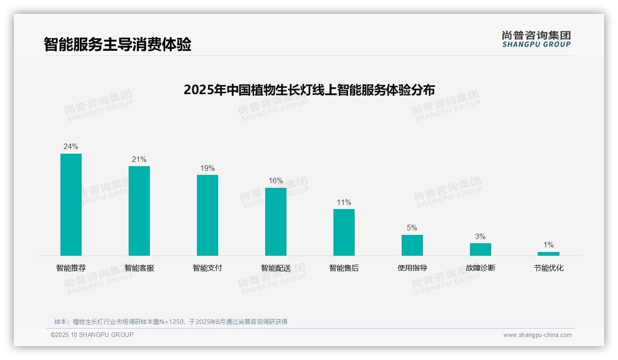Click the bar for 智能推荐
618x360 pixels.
coord(71,204)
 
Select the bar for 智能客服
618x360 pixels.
coord(139,211)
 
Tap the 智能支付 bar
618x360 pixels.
coord(208,215)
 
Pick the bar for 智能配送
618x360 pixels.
coord(276,222)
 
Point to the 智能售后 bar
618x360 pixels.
coord(344,232)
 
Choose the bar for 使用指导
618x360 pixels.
coord(412,245)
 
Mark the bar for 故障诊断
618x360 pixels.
coord(480,249)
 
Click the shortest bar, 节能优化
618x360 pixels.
coord(548,253)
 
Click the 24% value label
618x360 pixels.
coord(71,147)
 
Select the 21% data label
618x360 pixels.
coord(139,160)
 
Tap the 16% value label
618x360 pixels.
coord(276,181)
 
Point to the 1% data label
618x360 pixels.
coord(548,245)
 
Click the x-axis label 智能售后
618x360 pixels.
coord(344,268)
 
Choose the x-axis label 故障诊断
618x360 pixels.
coord(480,268)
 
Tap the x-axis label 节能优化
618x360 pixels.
coord(549,268)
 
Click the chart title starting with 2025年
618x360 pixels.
coord(309,90)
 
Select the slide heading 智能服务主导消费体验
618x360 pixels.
coord(118,45)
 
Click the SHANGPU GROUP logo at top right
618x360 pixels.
coord(536,39)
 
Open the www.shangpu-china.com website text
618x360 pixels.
coord(537,335)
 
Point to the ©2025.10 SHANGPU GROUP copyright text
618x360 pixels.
coord(92,335)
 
